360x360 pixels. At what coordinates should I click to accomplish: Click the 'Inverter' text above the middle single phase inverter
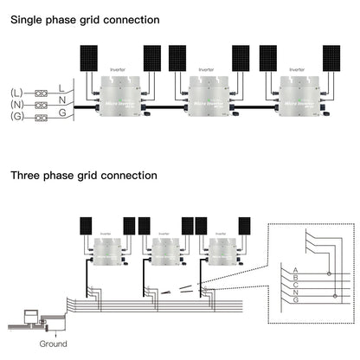206,69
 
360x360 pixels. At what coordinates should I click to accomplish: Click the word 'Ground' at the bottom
53,344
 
